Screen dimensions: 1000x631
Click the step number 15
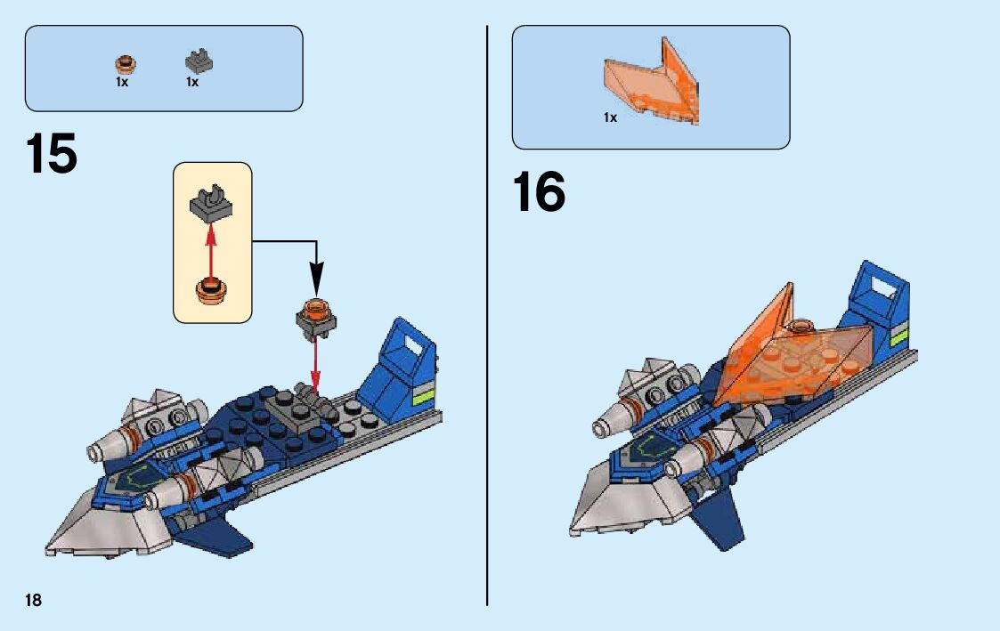(52, 155)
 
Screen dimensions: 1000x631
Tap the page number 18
(33, 600)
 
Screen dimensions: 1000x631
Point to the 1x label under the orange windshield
(610, 117)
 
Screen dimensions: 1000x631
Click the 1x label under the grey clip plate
(192, 82)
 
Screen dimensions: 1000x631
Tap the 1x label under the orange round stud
(122, 82)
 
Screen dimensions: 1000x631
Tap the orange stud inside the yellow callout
(212, 289)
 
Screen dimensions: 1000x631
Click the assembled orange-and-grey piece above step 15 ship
(316, 317)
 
